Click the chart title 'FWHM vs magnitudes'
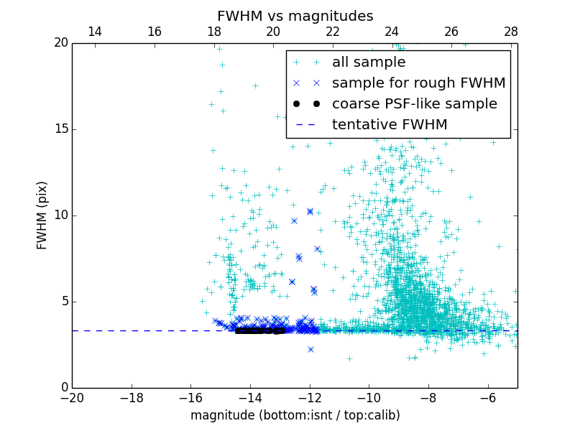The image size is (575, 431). (295, 16)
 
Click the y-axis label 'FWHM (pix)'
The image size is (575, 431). (42, 215)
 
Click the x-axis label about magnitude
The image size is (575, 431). (295, 415)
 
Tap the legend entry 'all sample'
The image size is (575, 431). (368, 62)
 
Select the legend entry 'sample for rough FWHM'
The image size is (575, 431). (418, 83)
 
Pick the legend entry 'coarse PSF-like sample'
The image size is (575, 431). (414, 104)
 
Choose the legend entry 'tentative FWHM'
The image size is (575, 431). (389, 125)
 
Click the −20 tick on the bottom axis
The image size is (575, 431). (72, 397)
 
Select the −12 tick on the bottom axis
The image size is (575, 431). (310, 397)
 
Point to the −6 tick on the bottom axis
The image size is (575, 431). (488, 397)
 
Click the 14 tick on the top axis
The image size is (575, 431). (94, 32)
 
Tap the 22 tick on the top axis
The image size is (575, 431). (332, 32)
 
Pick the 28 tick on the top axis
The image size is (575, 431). (511, 32)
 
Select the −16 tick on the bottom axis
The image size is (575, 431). (190, 397)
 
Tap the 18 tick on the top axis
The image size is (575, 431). (213, 32)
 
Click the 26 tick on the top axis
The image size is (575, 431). (451, 32)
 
